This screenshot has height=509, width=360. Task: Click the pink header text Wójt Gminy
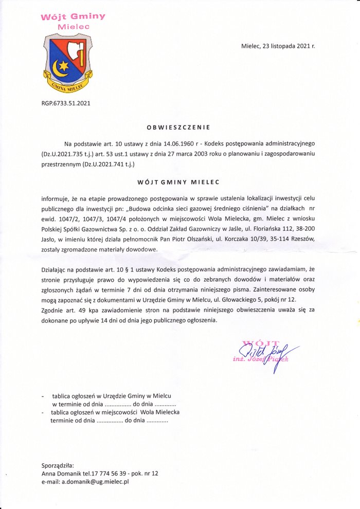pos(74,16)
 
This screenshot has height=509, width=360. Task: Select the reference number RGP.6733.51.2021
pos(66,103)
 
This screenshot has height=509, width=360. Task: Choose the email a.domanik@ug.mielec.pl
pos(95,482)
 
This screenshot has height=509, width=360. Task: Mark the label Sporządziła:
pos(58,464)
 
